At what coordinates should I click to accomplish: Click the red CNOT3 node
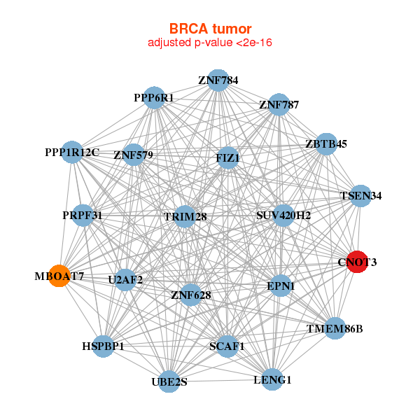click(357, 262)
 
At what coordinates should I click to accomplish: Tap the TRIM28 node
click(185, 216)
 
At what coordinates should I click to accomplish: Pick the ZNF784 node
click(218, 80)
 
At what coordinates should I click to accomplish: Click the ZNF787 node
click(279, 104)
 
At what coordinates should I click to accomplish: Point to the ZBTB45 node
click(326, 144)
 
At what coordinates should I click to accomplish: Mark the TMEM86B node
click(335, 328)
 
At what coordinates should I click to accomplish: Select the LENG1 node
click(272, 379)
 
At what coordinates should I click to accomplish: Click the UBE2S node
click(169, 381)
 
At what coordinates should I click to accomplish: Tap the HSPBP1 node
click(103, 346)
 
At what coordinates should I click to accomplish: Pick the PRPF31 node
click(83, 216)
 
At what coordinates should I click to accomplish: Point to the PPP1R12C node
click(72, 152)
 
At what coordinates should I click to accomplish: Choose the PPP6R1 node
click(154, 98)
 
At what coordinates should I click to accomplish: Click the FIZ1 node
click(227, 158)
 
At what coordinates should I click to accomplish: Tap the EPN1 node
click(281, 286)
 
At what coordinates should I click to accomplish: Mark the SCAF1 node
click(227, 346)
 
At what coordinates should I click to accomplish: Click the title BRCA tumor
click(210, 29)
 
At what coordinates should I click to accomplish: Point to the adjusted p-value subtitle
click(210, 43)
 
